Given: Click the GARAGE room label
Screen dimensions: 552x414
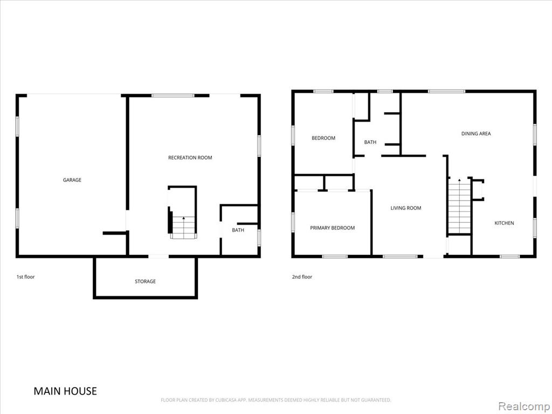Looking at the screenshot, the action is (72, 180).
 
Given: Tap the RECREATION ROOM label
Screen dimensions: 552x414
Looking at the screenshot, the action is (190, 158).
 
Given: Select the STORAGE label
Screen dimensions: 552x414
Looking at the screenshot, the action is (145, 281).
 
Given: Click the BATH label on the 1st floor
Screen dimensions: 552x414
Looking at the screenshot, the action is (238, 230).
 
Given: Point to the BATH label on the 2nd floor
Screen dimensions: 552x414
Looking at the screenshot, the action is (370, 142).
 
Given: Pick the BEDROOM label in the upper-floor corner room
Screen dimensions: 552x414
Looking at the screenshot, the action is (323, 138).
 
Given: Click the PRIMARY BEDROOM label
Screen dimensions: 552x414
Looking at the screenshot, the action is (332, 228).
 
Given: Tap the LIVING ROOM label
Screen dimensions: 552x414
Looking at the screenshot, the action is (406, 208).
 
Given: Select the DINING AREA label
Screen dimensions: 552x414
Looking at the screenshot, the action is (476, 134).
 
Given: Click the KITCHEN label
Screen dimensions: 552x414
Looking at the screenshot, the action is (504, 223).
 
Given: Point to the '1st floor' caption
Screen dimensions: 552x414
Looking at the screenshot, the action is (26, 277).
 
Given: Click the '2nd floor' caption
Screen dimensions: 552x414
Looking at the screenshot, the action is (302, 277).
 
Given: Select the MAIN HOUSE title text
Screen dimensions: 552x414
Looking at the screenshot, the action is (65, 391).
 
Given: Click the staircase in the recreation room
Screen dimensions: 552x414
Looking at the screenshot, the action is (182, 228).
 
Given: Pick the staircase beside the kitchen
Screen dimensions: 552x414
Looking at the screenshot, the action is (459, 206).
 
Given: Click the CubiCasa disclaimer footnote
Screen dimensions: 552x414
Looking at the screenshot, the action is (276, 400).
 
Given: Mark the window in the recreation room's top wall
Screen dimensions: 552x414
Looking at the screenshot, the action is (173, 95).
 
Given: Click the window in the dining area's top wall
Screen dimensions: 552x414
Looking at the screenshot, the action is (446, 92).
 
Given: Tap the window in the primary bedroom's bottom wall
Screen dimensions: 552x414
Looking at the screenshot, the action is (335, 256).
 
